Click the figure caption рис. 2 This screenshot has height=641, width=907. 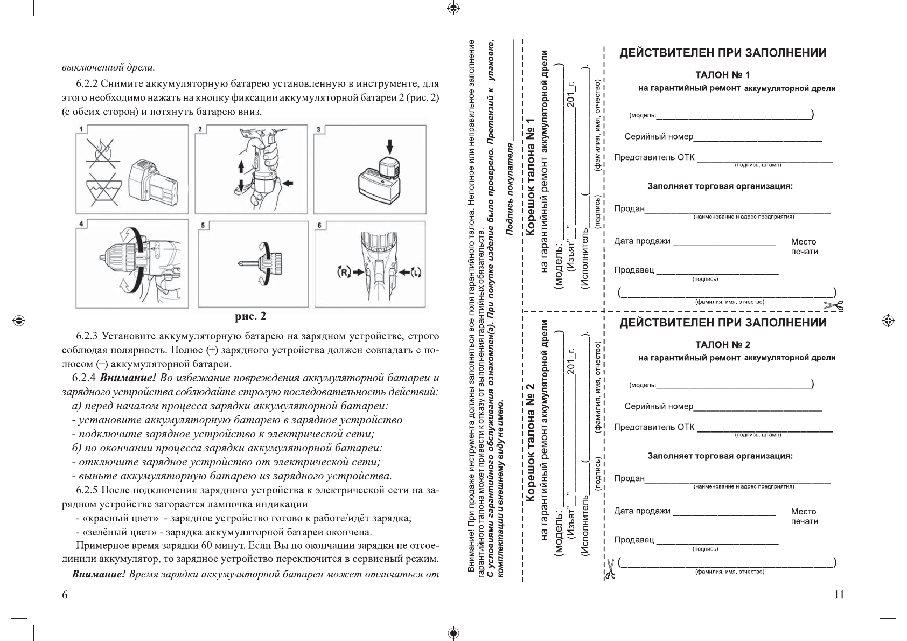click(250, 316)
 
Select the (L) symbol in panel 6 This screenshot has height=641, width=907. click(415, 273)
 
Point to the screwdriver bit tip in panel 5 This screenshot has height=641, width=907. click(241, 264)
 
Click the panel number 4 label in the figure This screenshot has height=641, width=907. click(81, 224)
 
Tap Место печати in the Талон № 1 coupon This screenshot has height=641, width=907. click(804, 247)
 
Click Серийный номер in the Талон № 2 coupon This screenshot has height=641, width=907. click(659, 406)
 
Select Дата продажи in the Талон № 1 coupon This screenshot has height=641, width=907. click(642, 241)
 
